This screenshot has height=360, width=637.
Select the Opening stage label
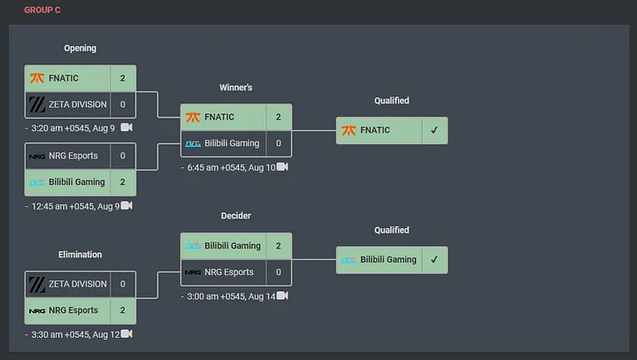point(80,48)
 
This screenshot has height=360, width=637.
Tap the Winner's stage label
point(235,88)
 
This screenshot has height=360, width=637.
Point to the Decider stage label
point(235,216)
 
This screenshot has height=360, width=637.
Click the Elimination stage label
point(80,255)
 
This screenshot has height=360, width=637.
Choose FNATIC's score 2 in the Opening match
point(123,78)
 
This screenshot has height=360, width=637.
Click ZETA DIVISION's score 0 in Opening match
point(123,104)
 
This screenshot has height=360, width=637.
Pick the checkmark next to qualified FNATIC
point(434,130)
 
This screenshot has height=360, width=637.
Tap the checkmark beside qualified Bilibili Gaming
point(434,260)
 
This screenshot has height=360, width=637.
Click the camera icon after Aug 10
point(281,166)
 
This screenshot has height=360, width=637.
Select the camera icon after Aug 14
point(281,295)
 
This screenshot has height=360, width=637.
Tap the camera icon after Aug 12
point(127,334)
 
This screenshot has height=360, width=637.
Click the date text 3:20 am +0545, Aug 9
point(72,127)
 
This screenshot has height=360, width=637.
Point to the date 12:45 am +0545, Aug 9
point(74,206)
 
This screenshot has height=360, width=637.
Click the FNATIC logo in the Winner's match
point(193,117)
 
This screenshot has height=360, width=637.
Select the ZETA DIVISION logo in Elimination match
point(37,284)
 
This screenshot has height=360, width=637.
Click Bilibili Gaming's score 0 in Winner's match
point(279,143)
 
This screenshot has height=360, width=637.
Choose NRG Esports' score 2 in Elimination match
point(123,310)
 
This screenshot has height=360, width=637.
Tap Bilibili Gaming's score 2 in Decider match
point(279,246)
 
